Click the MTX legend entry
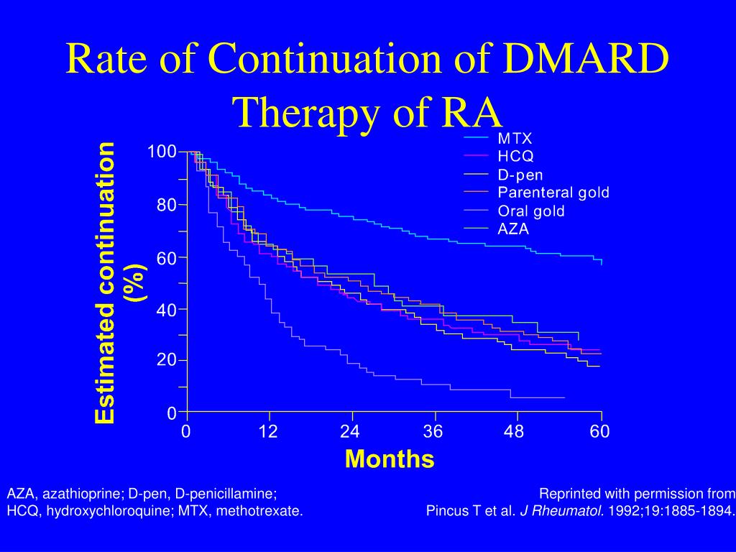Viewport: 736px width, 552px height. [515, 138]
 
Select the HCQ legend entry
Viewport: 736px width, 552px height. [515, 156]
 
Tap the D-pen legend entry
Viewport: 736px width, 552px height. [520, 175]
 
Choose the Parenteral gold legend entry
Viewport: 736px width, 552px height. [553, 193]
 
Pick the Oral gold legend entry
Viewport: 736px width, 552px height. [530, 211]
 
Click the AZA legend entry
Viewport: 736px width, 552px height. [513, 229]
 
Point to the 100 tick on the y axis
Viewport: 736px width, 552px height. [162, 152]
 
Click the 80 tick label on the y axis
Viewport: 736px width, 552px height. [167, 205]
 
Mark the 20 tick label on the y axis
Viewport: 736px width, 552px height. [167, 360]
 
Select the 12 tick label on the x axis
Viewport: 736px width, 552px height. [269, 431]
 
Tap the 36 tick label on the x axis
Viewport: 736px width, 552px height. [433, 431]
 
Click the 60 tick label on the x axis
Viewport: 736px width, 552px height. [600, 431]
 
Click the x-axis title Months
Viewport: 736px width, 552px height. [390, 459]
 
